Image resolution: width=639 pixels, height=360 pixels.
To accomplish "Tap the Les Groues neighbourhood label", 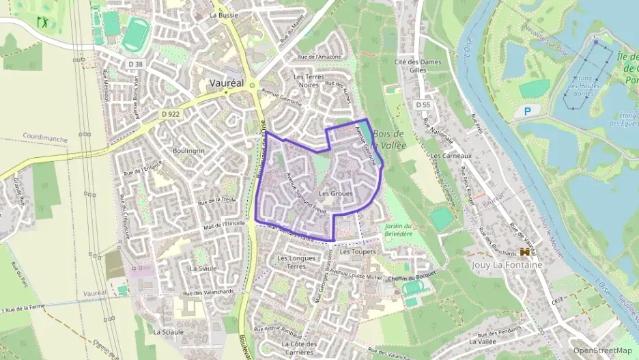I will (x=336, y=193).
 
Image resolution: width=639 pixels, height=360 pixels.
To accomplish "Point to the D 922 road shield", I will (x=170, y=113).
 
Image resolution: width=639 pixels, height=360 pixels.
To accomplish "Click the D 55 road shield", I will (x=423, y=105).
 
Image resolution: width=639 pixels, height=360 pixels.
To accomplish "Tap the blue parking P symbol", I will (x=527, y=110).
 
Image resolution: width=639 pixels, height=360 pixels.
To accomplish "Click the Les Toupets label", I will (x=358, y=252).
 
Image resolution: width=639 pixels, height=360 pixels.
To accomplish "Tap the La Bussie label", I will (x=223, y=14).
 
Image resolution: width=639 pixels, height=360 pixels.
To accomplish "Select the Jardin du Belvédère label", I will (x=399, y=230).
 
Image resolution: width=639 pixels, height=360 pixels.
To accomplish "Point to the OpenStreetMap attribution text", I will (x=602, y=350).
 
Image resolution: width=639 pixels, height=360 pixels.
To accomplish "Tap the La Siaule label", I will (x=203, y=268).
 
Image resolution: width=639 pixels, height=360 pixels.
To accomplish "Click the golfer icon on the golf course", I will (x=45, y=23).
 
